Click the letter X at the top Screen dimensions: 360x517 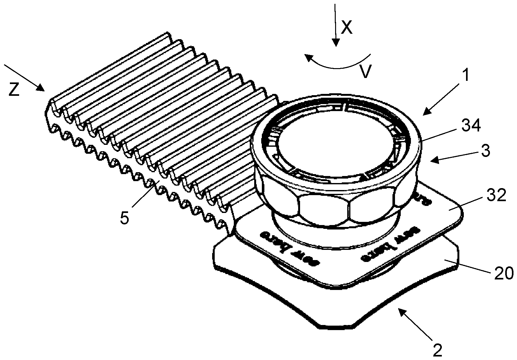click(x=347, y=28)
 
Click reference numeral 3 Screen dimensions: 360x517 click(x=485, y=151)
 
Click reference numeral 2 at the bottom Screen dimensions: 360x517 click(x=437, y=350)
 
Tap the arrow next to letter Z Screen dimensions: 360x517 click(x=25, y=78)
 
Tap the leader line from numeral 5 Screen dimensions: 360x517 click(x=145, y=194)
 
